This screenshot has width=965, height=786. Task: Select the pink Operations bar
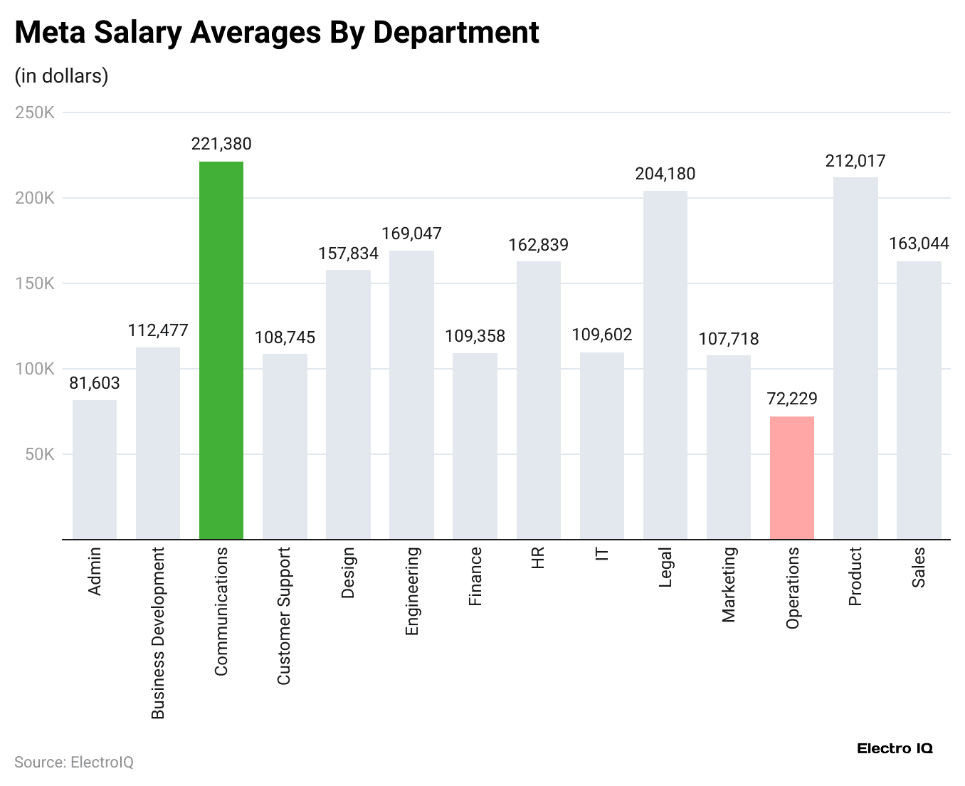pos(791,478)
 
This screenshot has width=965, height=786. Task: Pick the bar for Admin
pos(95,469)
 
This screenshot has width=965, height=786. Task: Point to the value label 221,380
pos(221,145)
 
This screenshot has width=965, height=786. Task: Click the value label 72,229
pos(791,399)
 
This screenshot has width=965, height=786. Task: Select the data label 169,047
pos(411,234)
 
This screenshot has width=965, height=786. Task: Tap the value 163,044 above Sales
pos(918,244)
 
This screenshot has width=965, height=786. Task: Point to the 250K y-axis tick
pos(35,112)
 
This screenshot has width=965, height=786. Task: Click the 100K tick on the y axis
pos(35,369)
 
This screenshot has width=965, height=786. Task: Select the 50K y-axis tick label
pos(39,454)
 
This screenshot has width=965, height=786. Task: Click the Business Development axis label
pos(158,632)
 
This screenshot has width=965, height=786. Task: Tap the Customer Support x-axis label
pos(284,616)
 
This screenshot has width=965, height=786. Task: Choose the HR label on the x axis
pos(538,557)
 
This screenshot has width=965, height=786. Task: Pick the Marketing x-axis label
pos(728,585)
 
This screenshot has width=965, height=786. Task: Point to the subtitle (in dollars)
pos(61,76)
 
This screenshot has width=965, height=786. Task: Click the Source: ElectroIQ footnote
pos(74,763)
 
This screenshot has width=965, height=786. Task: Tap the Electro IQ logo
pos(894,748)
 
